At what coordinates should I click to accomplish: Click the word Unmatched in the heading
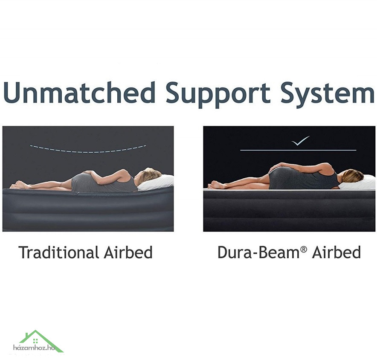79,92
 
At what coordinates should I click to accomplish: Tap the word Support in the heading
218,94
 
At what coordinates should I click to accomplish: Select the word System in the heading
328,94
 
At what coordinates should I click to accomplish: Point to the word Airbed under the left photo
128,252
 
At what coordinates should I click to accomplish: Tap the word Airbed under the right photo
336,252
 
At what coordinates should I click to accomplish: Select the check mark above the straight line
300,141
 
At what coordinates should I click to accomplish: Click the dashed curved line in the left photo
88,152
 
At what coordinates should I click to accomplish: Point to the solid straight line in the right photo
298,150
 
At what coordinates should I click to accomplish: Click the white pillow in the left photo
156,183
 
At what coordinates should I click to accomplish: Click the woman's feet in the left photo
18,185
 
